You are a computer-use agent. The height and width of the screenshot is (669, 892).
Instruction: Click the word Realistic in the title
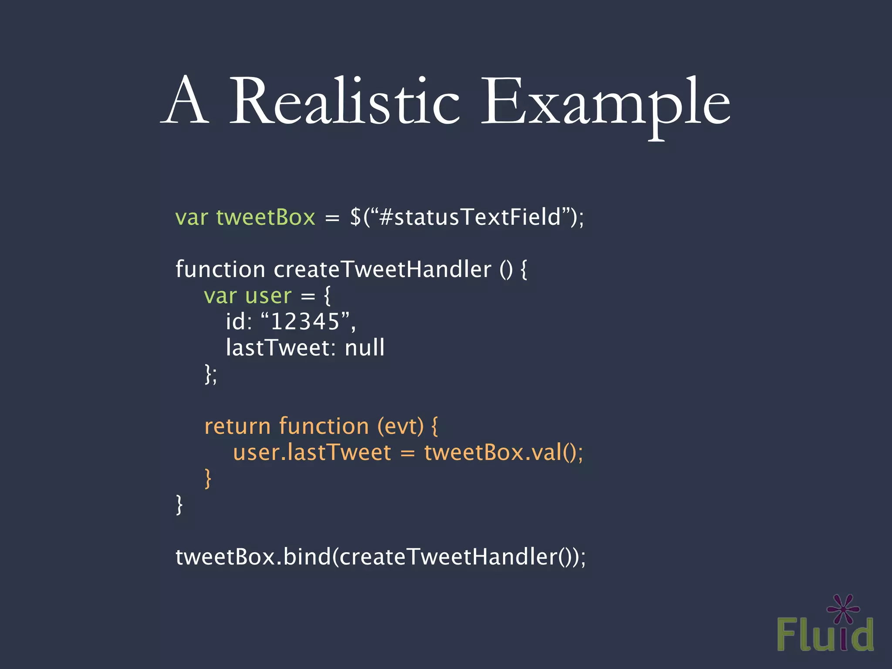point(344,101)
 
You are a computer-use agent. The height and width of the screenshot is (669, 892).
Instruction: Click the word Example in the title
point(605,105)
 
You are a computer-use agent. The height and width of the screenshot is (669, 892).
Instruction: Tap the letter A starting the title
point(185,101)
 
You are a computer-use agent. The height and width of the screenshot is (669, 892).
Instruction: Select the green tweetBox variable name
point(266,217)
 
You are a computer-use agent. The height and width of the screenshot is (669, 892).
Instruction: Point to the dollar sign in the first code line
point(355,217)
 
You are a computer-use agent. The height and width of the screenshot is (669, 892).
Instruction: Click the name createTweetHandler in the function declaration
point(382,269)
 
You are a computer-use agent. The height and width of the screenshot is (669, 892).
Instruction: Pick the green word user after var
point(268,296)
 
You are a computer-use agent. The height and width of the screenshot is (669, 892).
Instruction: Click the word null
point(365,348)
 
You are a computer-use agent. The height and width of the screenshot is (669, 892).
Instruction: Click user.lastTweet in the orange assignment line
point(312,452)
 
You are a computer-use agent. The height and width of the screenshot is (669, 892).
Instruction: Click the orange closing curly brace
point(208,478)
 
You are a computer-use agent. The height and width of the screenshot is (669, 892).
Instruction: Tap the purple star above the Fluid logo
point(843,609)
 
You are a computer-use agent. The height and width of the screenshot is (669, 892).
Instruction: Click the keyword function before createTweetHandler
point(220,269)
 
